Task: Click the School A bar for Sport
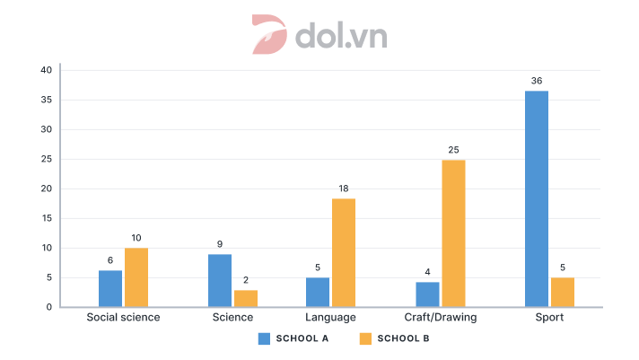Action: [x=536, y=198]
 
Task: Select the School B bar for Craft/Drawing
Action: [x=453, y=233]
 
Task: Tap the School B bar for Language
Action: [x=344, y=252]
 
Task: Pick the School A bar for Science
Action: [x=220, y=280]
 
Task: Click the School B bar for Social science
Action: [x=136, y=277]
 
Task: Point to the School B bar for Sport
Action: [x=563, y=292]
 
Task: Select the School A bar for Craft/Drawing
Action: [x=427, y=294]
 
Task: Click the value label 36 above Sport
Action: [x=536, y=81]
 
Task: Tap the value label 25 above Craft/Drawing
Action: [x=453, y=150]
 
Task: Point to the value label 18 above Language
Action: [x=344, y=189]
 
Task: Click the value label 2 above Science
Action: [x=245, y=280]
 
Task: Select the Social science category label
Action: [x=123, y=318]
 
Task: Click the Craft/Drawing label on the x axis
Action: [x=440, y=318]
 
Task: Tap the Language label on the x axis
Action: [x=331, y=318]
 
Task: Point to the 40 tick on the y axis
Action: [x=46, y=70]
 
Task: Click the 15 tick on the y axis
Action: [x=46, y=218]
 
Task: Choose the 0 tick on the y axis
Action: [x=48, y=307]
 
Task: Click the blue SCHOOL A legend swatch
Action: [x=264, y=338]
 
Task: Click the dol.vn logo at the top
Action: [x=319, y=34]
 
